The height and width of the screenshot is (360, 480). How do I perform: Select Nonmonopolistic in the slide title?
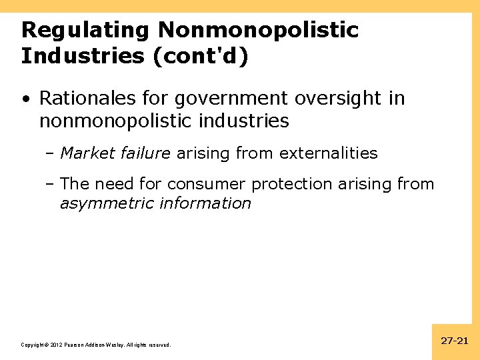pos(259,31)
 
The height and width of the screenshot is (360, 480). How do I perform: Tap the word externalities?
pos(329,153)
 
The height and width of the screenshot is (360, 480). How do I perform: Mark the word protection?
pos(291,184)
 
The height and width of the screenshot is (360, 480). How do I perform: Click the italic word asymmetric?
pos(107,203)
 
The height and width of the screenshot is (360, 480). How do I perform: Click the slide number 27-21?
pos(455,341)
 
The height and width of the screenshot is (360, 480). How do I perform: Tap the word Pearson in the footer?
pos(74,345)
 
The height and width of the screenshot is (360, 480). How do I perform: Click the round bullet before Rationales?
pos(25,99)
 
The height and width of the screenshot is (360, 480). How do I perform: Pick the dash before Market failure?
pos(52,153)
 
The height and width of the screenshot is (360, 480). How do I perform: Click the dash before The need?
pos(52,184)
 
